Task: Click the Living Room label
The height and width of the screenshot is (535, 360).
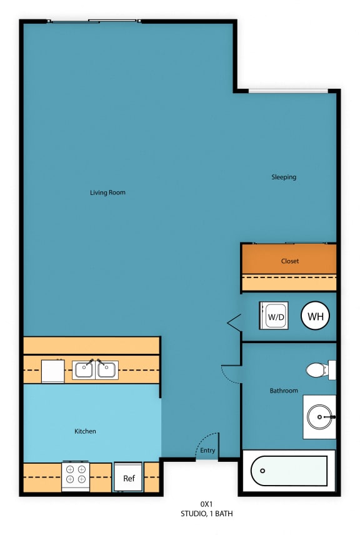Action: pyautogui.click(x=107, y=192)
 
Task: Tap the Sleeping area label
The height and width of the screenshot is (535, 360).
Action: pyautogui.click(x=284, y=177)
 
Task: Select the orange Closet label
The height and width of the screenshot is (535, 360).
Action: pyautogui.click(x=289, y=261)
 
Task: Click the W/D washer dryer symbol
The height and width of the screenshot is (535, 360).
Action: pyautogui.click(x=274, y=316)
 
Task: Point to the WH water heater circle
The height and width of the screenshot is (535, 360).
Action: pyautogui.click(x=316, y=316)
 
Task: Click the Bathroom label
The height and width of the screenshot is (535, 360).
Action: pyautogui.click(x=284, y=391)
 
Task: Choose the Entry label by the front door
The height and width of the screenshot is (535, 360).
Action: pyautogui.click(x=207, y=451)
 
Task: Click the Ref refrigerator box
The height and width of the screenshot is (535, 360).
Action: pyautogui.click(x=128, y=478)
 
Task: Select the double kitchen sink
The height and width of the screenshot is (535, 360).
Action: pyautogui.click(x=96, y=369)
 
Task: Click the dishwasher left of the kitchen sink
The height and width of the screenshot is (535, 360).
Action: pyautogui.click(x=52, y=371)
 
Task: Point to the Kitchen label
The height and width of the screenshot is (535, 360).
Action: pyautogui.click(x=85, y=431)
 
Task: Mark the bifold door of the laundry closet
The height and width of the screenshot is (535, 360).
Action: pyautogui.click(x=234, y=322)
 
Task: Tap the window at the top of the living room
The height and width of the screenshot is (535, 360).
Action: pyautogui.click(x=94, y=21)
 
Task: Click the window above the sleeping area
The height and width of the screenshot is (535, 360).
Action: pyautogui.click(x=287, y=92)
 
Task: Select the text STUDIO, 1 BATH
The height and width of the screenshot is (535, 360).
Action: pyautogui.click(x=207, y=514)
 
